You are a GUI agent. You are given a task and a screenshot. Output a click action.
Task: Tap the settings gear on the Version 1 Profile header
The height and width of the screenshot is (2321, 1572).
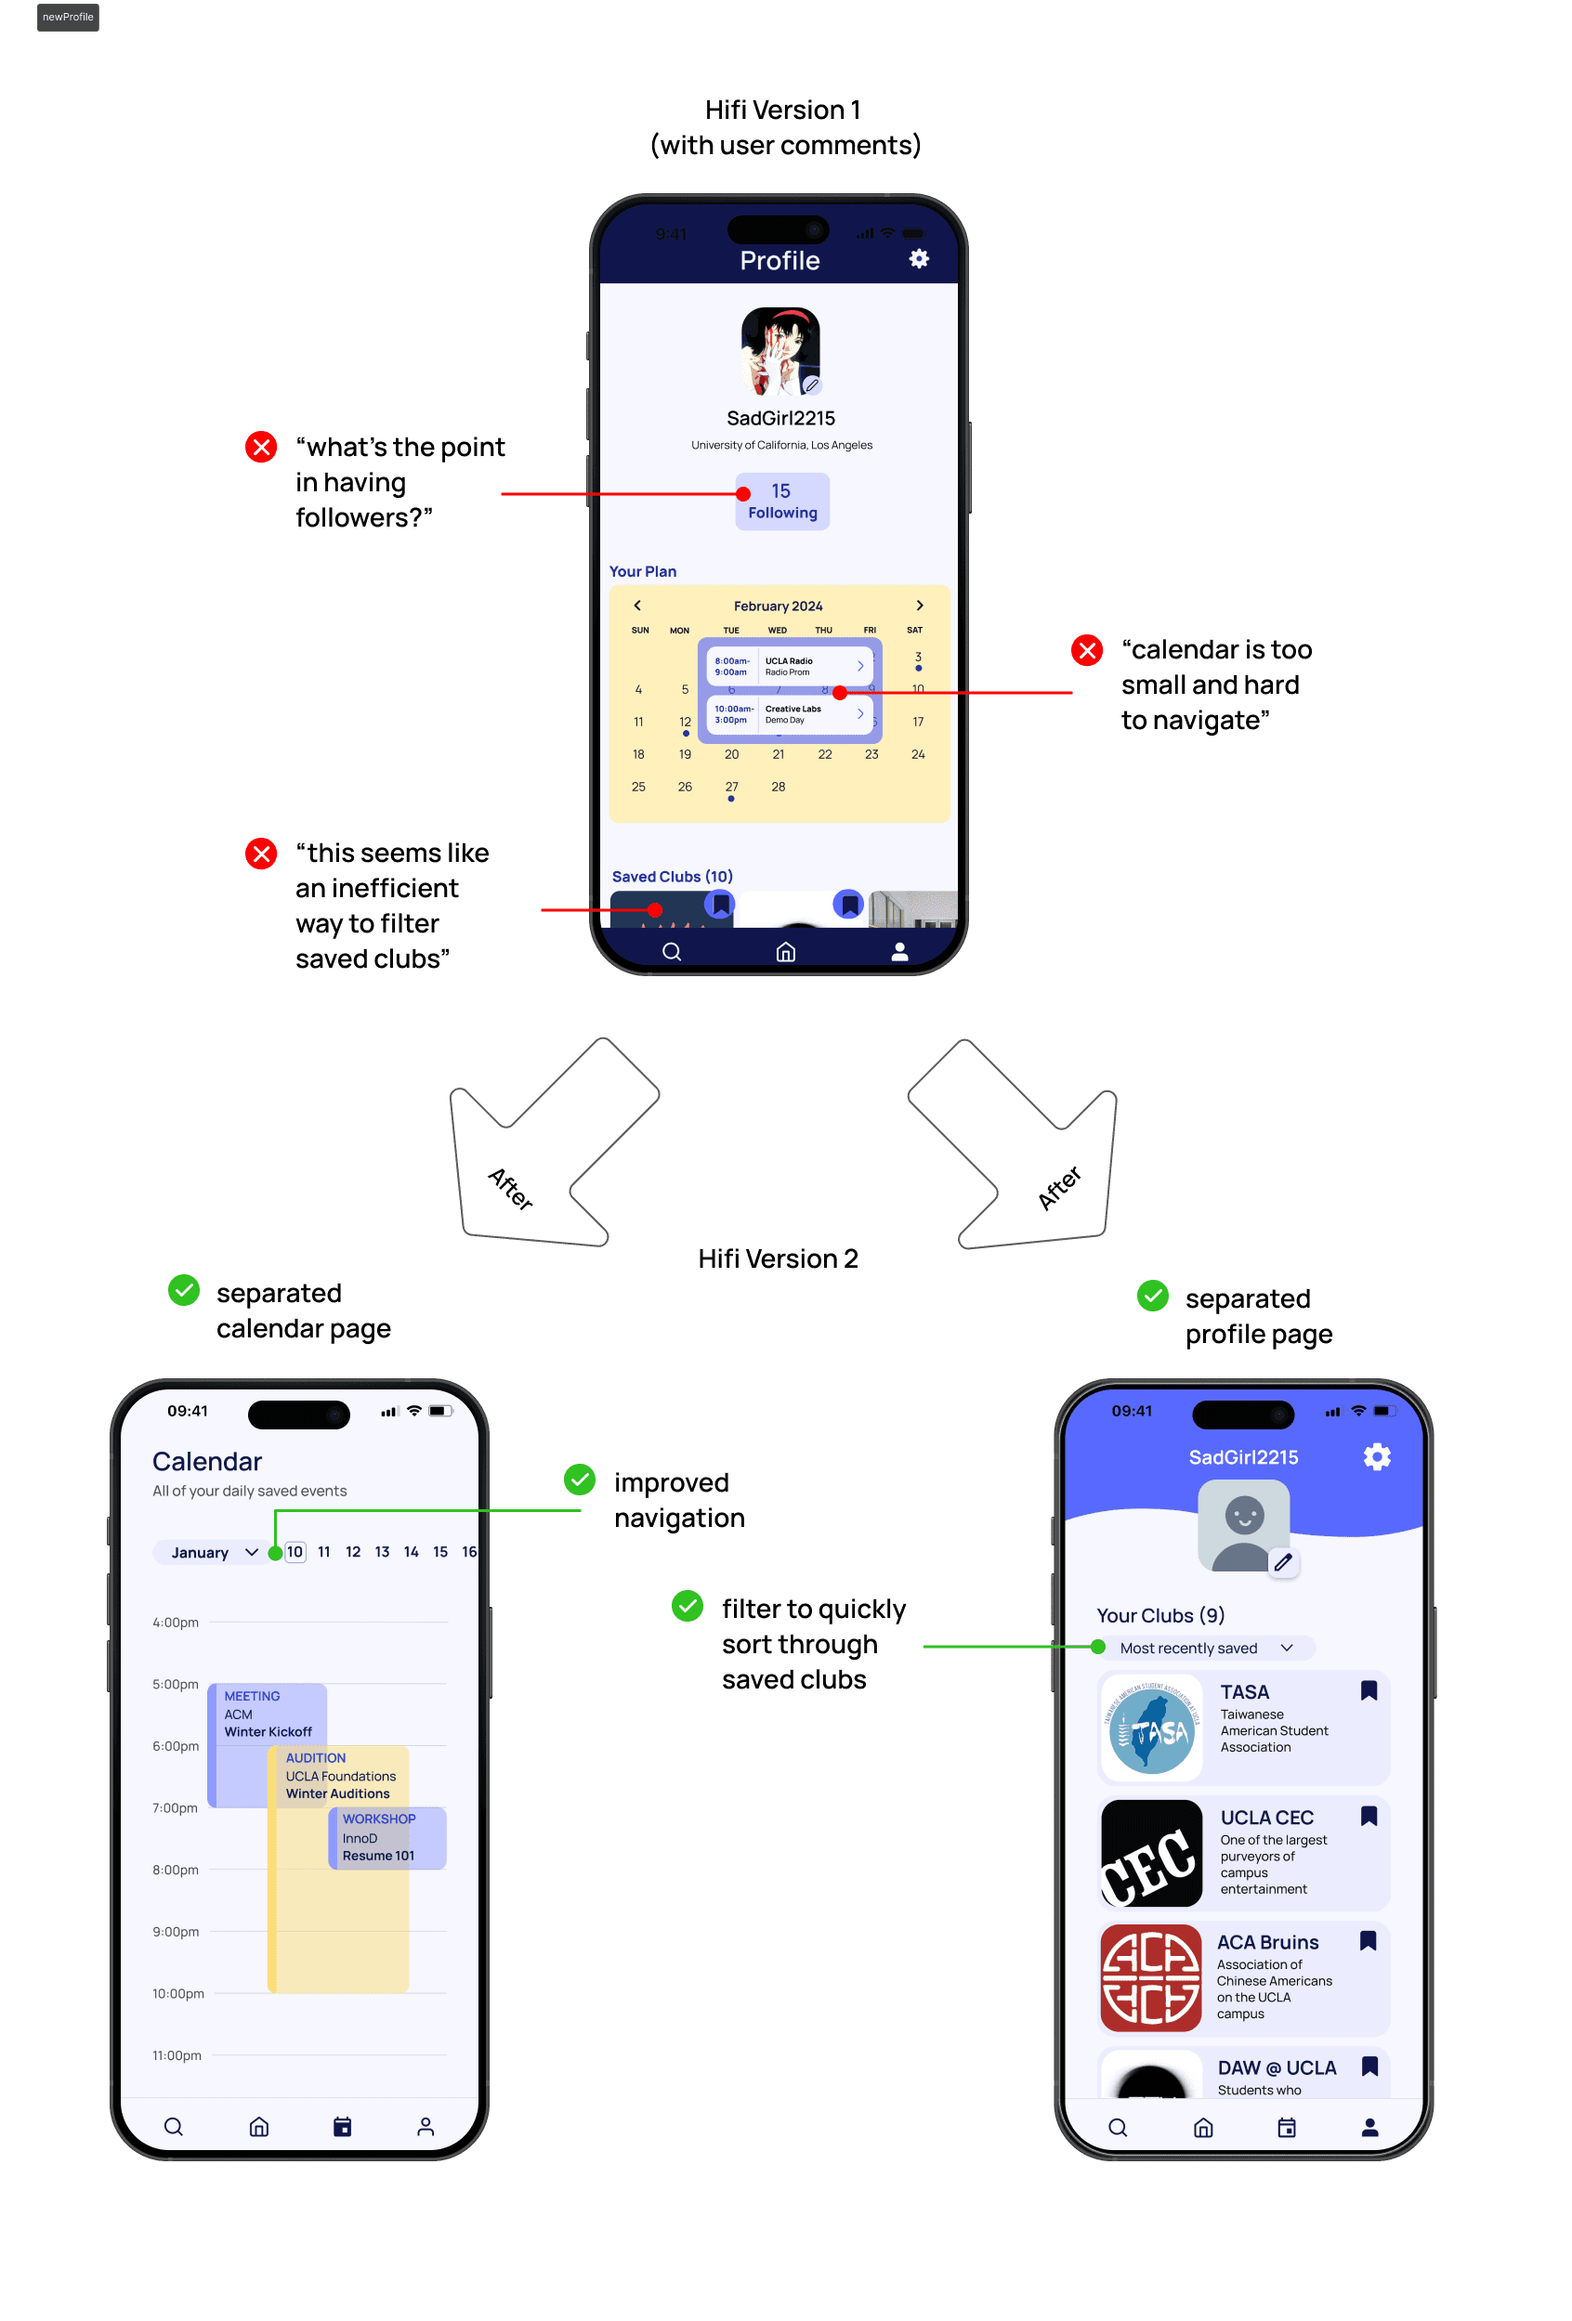[x=919, y=260]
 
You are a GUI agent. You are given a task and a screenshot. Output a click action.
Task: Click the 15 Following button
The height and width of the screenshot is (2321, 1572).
[x=782, y=502]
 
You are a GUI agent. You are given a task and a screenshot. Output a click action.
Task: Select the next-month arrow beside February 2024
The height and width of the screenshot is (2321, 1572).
[x=920, y=606]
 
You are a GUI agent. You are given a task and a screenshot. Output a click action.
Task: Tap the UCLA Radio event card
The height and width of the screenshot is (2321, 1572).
[x=789, y=666]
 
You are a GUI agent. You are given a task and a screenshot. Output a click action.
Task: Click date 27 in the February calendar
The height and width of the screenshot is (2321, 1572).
[x=731, y=787]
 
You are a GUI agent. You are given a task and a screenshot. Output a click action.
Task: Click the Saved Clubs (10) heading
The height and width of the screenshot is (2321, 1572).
[x=672, y=876]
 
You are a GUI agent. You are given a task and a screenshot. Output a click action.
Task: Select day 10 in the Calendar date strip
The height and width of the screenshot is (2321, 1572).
[x=295, y=1552]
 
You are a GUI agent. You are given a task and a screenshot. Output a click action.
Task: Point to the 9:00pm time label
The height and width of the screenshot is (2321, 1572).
[x=175, y=1932]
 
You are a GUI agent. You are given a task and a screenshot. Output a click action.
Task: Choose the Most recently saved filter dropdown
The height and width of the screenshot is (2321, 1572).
[x=1205, y=1648]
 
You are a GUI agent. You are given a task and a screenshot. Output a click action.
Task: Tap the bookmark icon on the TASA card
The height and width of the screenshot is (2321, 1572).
[x=1369, y=1690]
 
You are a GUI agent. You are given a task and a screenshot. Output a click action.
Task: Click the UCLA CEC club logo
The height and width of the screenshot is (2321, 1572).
[x=1150, y=1853]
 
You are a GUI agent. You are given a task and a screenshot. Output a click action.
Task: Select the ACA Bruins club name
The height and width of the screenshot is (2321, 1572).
[x=1267, y=1941]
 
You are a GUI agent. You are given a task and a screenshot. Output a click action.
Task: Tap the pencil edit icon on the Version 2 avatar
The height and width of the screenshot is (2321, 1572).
[x=1283, y=1562]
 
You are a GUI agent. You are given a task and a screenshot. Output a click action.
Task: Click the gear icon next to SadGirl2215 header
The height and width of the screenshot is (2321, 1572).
[x=1377, y=1457]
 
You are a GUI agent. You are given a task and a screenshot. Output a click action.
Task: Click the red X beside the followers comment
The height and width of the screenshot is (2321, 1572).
[x=262, y=447]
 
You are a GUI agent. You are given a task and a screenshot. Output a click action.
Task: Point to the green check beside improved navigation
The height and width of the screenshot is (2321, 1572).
[x=579, y=1480]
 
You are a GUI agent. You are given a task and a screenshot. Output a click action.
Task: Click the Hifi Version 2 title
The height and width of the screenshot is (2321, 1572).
[x=777, y=1258]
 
